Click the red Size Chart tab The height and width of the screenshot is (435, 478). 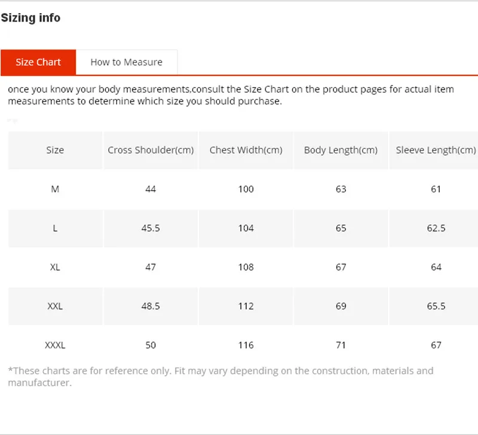38,62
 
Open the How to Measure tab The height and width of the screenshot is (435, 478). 126,62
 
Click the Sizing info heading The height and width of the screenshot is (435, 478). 30,18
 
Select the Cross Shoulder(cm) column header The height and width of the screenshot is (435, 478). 151,150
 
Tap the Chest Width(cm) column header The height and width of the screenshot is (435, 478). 246,150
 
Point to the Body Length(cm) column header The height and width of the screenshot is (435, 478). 341,150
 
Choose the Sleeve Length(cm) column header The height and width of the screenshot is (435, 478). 436,150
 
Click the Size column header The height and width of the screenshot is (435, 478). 55,150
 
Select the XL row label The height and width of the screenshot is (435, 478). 55,267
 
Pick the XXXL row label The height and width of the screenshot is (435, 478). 55,345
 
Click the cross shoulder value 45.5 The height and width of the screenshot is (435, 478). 151,228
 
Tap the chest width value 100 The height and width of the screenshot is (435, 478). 246,189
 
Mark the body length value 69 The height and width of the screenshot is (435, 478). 341,306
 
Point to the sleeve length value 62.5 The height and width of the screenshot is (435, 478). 436,228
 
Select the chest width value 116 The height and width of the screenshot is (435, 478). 246,345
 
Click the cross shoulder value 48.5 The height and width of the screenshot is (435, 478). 151,306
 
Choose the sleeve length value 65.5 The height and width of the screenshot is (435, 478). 436,306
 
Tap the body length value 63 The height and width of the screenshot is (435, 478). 341,189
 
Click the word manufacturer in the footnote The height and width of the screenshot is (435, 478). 38,383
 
